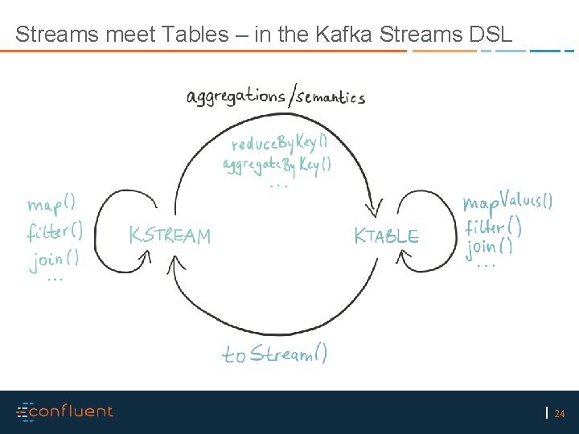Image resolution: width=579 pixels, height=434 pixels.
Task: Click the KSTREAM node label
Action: coord(170,235)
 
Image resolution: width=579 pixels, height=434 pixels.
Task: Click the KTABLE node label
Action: coord(387,236)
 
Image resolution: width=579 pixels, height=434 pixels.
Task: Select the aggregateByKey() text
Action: coord(276,166)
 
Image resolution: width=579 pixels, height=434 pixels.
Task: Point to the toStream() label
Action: coord(275,354)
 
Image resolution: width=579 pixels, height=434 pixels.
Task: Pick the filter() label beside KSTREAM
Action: coord(54,232)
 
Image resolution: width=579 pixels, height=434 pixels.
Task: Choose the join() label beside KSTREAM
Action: coord(55,259)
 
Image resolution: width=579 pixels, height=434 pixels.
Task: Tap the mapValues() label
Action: coord(507,201)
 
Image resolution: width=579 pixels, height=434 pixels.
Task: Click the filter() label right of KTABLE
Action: coord(493,227)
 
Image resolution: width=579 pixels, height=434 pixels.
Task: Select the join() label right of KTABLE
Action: coord(491,247)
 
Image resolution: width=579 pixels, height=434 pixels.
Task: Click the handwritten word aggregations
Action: coord(236,96)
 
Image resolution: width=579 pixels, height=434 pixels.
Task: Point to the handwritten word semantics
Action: coord(331,98)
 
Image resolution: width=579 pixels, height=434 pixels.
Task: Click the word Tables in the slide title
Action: coord(195,35)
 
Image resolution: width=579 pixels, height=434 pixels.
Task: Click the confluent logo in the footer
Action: coord(65,411)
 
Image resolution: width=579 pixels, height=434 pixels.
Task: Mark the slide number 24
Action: coord(560,414)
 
